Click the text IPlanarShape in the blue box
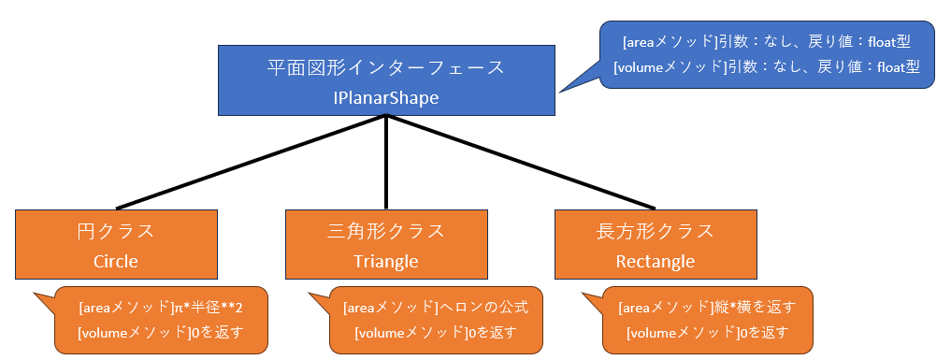pyautogui.click(x=385, y=97)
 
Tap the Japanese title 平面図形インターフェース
pyautogui.click(x=385, y=68)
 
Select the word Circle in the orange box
pyautogui.click(x=116, y=261)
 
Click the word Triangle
pyautogui.click(x=386, y=261)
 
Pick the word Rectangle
pyautogui.click(x=656, y=261)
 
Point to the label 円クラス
pyautogui.click(x=116, y=232)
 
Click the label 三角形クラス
pyautogui.click(x=386, y=232)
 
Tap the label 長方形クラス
pyautogui.click(x=656, y=232)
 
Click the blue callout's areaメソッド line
pyautogui.click(x=766, y=43)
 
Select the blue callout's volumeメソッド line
pyautogui.click(x=766, y=67)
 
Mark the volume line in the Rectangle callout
pyautogui.click(x=707, y=331)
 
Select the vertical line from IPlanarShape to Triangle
pyautogui.click(x=386, y=163)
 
